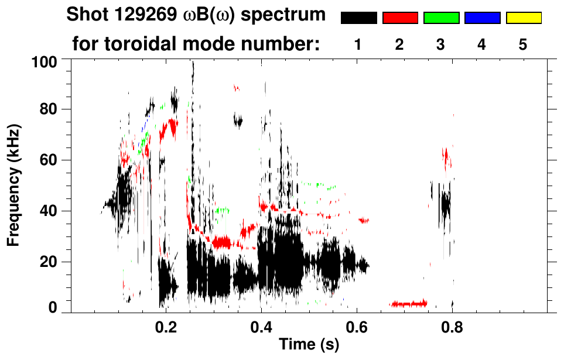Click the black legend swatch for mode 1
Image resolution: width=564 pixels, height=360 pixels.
pos(358,18)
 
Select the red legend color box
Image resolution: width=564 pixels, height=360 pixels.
pos(400,18)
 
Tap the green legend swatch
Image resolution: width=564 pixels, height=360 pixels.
pos(441,18)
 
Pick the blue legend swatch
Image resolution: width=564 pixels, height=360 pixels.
pos(482,18)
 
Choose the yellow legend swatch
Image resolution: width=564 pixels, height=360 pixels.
pos(523,18)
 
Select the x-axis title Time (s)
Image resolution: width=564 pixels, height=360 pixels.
pos(309,345)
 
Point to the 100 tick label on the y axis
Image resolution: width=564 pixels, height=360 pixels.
pos(45,61)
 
